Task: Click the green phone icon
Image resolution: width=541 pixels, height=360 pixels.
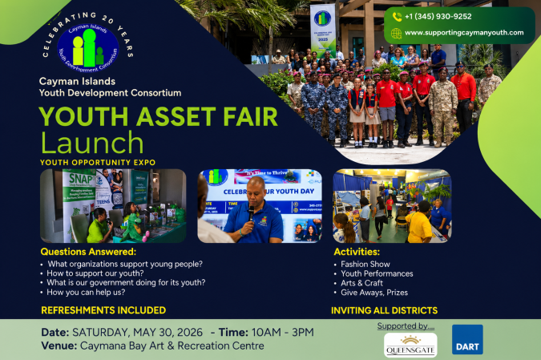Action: click(x=396, y=16)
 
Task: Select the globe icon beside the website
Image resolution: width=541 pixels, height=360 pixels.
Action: click(x=396, y=33)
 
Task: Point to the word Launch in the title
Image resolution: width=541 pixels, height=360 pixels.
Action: click(x=92, y=143)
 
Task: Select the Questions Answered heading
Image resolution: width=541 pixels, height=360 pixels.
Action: click(x=88, y=252)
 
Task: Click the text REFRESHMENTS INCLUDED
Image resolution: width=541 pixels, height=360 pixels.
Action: click(x=103, y=310)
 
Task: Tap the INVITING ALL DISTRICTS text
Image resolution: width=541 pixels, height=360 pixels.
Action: click(x=384, y=310)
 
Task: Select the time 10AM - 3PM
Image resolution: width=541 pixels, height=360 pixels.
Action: click(x=282, y=332)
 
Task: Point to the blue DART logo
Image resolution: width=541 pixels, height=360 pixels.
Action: click(x=467, y=339)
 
